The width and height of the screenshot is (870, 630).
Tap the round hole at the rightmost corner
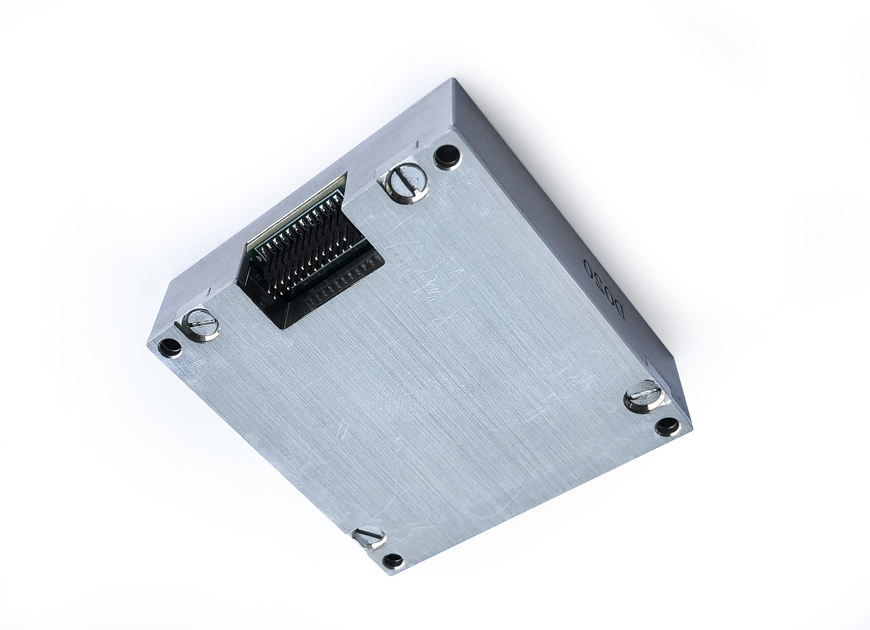tap(667, 425)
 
